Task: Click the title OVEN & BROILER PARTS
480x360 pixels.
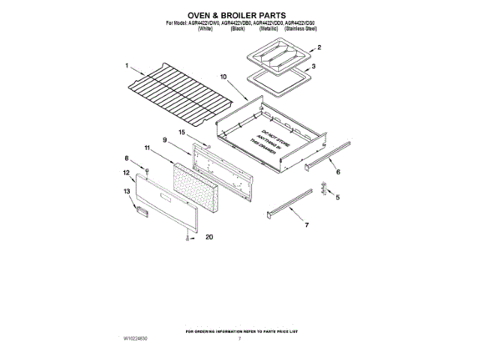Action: click(239, 13)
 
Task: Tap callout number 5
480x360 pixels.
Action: click(337, 198)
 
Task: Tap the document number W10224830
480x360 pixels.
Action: click(136, 340)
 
